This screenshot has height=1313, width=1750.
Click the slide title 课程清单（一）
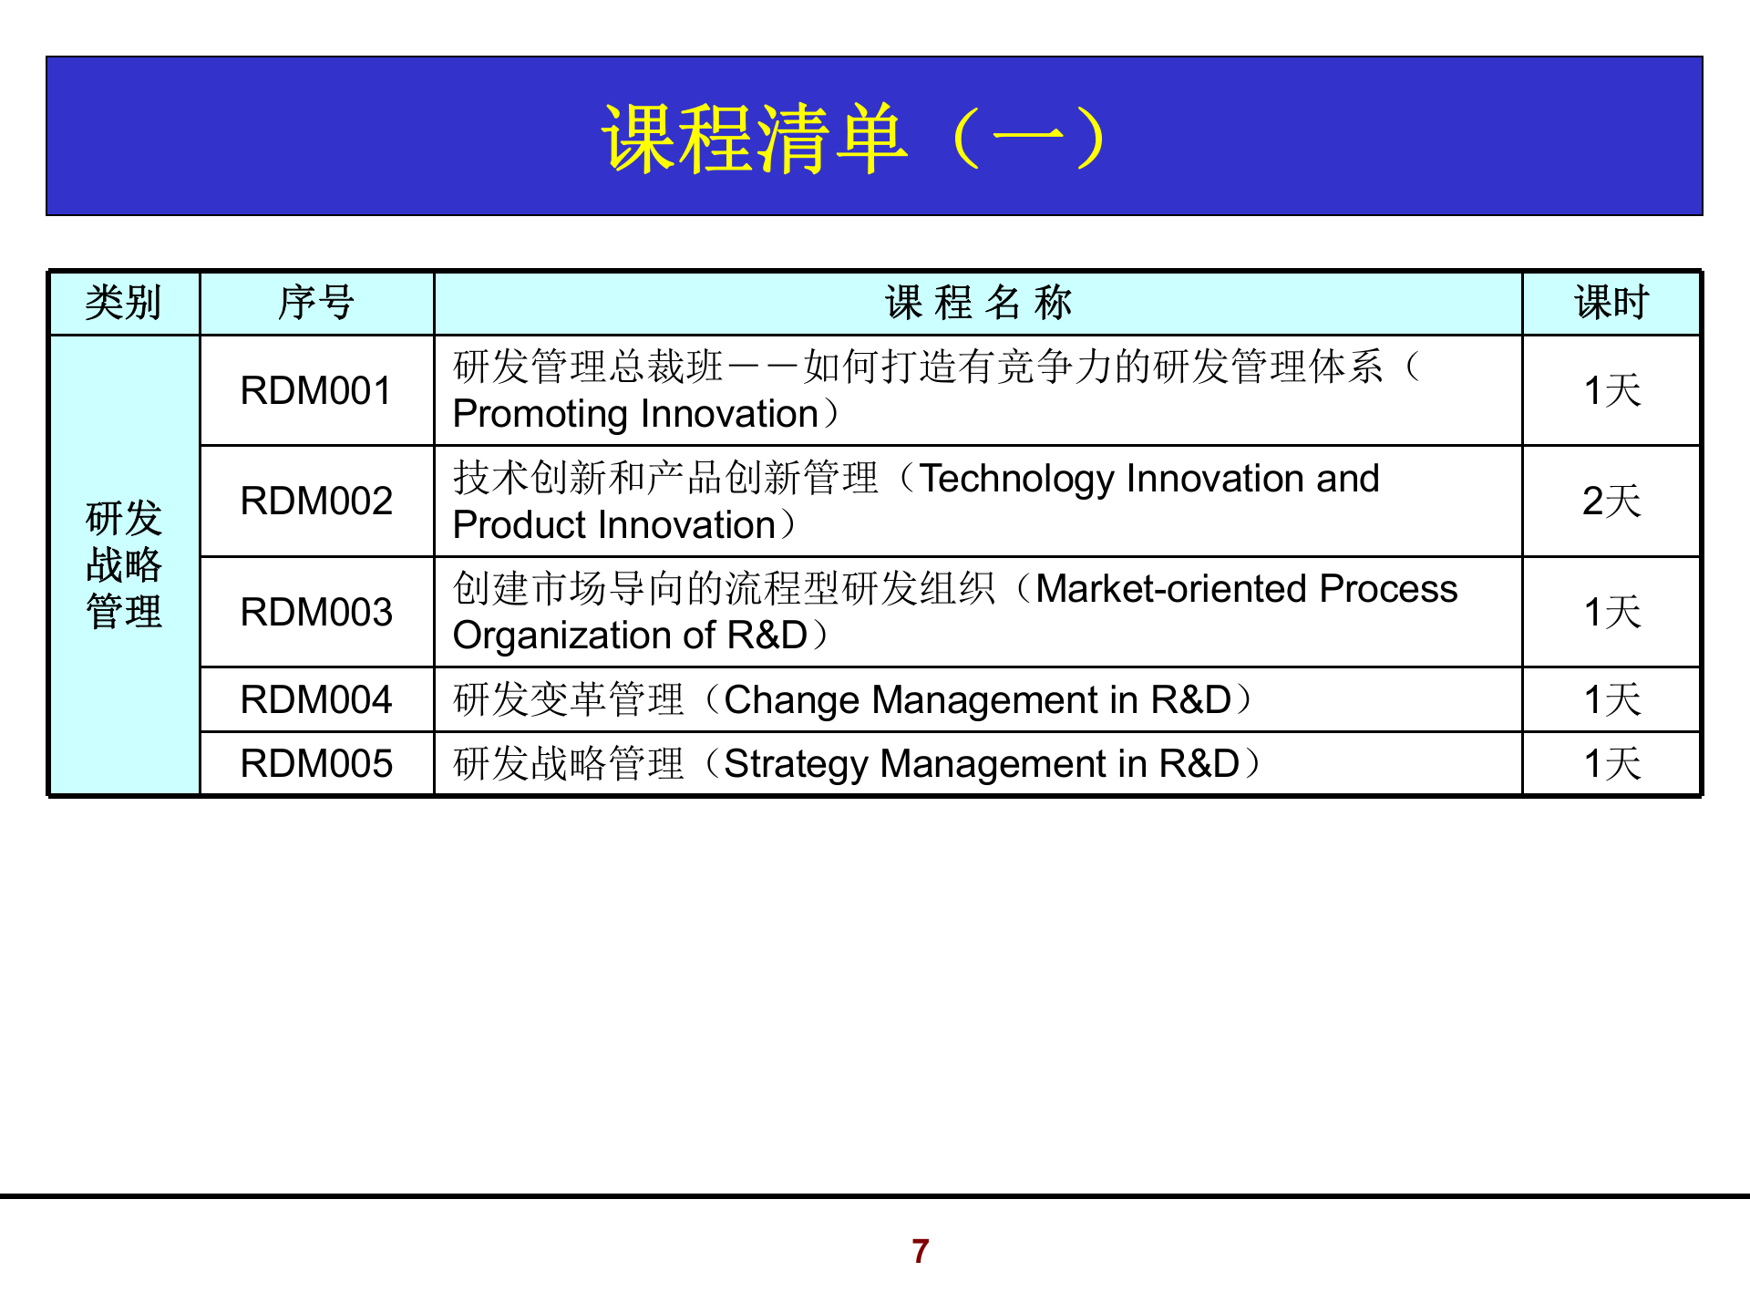(855, 139)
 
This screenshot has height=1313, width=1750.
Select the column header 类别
(123, 303)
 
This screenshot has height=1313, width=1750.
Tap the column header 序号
(315, 303)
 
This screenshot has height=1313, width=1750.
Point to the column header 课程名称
(978, 303)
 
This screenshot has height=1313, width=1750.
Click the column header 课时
(1611, 303)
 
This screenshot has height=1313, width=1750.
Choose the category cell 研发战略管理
(124, 564)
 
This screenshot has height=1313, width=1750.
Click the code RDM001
(315, 391)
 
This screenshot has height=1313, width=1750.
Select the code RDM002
(315, 501)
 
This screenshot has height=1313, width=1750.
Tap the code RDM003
(315, 612)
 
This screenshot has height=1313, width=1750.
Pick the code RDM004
(315, 700)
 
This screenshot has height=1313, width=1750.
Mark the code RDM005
(315, 764)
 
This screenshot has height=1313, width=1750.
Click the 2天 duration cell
(1611, 501)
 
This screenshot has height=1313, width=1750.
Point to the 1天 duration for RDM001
(1611, 391)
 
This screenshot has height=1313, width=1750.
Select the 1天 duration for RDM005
(1611, 764)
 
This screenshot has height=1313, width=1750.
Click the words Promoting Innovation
(635, 415)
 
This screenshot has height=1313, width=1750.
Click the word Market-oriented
(1172, 590)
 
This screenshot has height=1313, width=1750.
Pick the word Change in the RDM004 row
(791, 700)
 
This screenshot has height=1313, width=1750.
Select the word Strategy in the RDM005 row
(795, 764)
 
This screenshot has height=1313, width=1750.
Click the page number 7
(920, 1251)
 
